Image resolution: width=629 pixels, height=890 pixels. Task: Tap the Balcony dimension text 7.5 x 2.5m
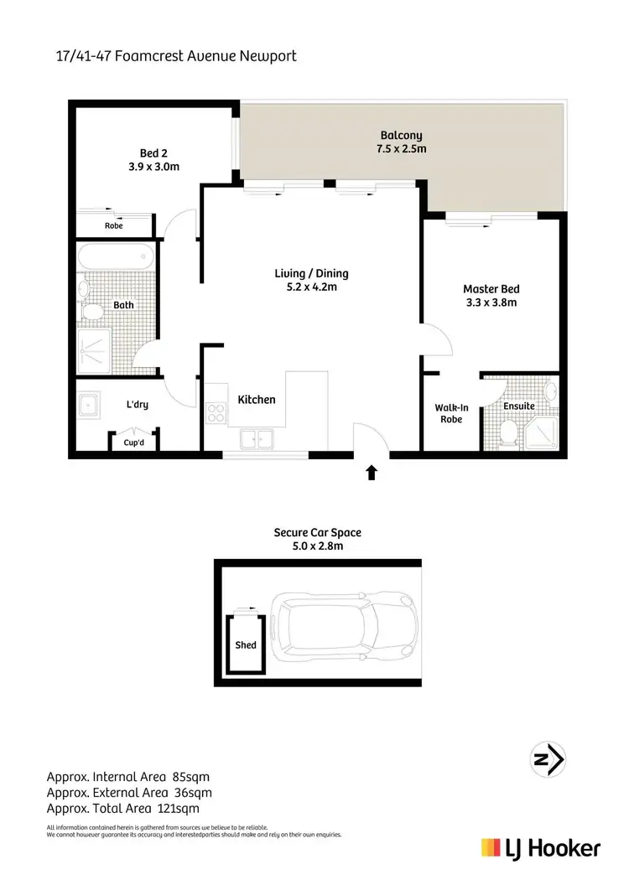click(401, 149)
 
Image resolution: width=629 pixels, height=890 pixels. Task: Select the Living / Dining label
click(311, 273)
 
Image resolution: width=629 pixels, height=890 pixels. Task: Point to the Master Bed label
click(490, 289)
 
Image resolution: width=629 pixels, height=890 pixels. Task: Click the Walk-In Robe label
click(451, 413)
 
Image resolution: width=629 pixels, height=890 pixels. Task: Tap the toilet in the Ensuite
click(507, 432)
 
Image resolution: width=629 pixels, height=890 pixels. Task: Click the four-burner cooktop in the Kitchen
click(215, 412)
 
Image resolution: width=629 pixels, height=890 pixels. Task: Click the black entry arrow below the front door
click(372, 473)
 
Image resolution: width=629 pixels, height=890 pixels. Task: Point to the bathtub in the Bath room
click(115, 257)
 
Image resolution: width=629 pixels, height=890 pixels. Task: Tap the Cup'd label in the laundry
click(134, 442)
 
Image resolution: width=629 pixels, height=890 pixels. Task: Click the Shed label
click(246, 645)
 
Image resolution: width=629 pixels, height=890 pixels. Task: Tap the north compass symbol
click(550, 760)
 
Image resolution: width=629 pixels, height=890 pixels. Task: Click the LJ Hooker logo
click(540, 848)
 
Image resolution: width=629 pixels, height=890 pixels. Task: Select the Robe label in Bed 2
click(113, 225)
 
